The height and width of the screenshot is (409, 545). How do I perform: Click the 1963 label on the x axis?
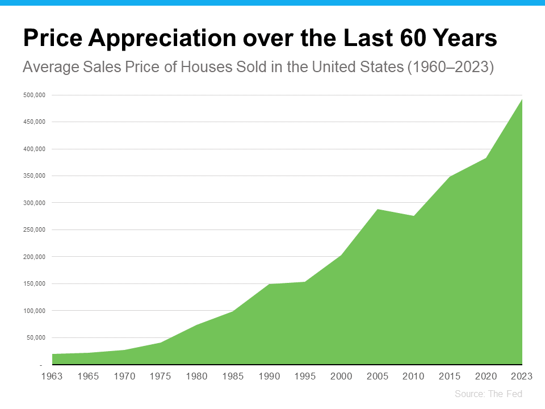[52, 376]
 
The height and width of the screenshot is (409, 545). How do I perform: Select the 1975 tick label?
[161, 376]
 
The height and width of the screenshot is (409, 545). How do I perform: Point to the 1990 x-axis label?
[269, 376]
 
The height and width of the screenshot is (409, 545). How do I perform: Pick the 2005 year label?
[378, 376]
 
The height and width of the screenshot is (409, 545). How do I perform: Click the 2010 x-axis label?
[414, 376]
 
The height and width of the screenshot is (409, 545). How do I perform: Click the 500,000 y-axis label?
[34, 95]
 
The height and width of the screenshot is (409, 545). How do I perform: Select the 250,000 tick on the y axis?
[34, 229]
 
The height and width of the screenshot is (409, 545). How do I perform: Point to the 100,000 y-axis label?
[34, 311]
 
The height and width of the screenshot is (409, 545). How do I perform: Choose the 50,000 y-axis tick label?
[36, 337]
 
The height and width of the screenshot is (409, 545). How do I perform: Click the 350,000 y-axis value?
[34, 176]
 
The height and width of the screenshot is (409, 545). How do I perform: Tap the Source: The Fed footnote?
[488, 394]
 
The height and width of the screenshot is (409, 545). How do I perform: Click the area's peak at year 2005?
[378, 210]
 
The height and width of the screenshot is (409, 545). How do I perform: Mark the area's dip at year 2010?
[414, 216]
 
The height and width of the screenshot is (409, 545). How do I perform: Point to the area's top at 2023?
[522, 99]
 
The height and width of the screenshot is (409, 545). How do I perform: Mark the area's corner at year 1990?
[269, 284]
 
